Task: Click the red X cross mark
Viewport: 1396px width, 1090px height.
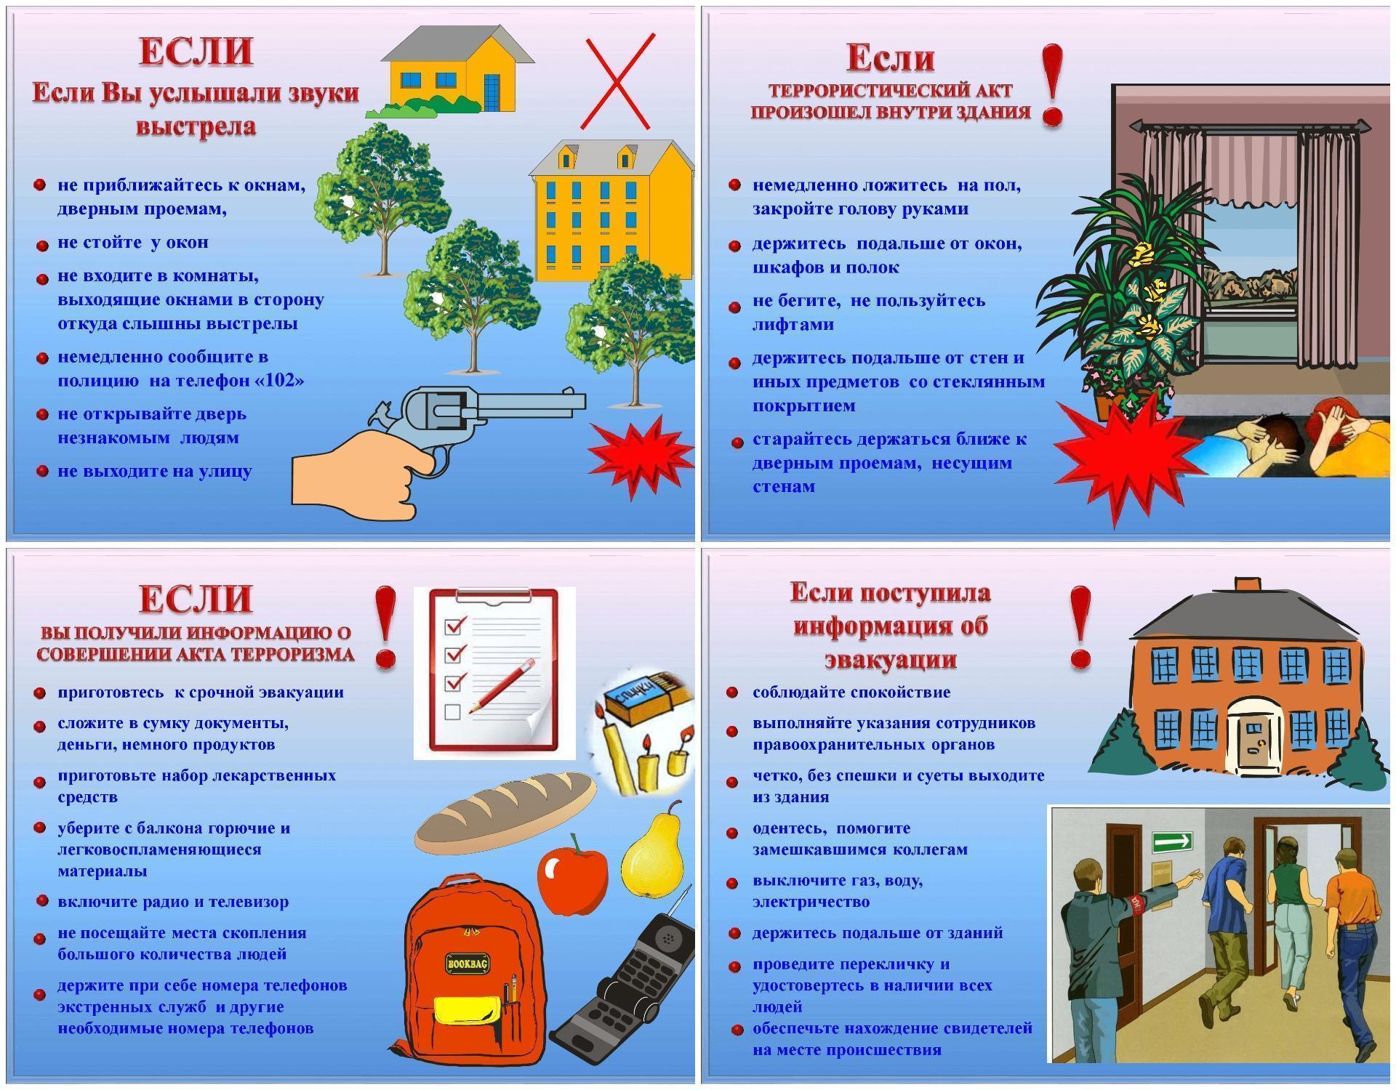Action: (x=617, y=81)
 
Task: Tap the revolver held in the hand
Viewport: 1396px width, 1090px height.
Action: (x=473, y=418)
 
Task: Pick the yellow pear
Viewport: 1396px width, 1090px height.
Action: (x=652, y=847)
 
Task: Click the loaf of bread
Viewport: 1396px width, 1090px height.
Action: (x=505, y=812)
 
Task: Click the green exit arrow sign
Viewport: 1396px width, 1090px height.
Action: (x=1172, y=842)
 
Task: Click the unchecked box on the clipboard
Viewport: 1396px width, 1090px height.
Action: (x=452, y=711)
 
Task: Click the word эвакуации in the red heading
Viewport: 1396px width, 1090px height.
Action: (x=890, y=659)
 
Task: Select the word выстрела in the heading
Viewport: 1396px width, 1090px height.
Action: (x=196, y=126)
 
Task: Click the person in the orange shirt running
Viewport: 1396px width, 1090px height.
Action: (x=1350, y=937)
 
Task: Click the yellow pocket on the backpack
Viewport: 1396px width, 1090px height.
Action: (x=468, y=1012)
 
